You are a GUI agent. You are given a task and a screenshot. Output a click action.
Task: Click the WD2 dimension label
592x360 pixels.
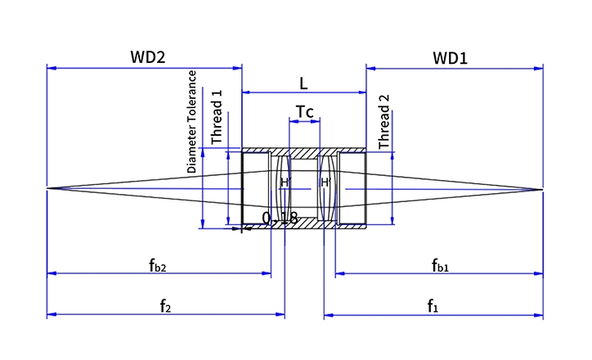[148, 57]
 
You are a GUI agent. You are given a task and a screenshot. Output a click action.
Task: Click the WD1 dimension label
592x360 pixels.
[450, 58]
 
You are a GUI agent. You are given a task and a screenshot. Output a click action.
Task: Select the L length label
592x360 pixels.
[303, 83]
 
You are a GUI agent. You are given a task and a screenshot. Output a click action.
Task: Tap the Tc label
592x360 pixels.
[304, 112]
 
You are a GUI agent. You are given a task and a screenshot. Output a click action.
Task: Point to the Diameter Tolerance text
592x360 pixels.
[192, 122]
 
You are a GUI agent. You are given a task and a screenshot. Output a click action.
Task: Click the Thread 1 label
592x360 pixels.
[217, 117]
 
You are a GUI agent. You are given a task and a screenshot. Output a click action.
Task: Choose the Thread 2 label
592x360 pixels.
[383, 122]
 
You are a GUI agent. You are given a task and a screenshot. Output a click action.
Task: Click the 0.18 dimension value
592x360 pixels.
[280, 218]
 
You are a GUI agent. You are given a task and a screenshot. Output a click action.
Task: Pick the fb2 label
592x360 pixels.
[158, 265]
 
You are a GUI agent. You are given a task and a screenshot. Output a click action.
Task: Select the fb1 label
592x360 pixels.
[440, 265]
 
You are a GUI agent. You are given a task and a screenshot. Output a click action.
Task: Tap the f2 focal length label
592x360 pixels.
[165, 306]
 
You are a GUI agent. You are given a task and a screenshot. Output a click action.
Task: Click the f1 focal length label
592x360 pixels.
[433, 306]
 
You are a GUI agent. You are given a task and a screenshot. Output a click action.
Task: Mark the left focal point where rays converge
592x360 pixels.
[47, 188]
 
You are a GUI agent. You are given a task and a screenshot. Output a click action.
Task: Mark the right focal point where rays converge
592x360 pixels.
[543, 189]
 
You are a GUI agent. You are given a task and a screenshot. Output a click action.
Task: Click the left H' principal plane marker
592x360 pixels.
[285, 182]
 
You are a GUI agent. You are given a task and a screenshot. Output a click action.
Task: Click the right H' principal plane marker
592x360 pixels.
[325, 182]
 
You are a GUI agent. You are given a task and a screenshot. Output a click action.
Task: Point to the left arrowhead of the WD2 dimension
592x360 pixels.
[52, 68]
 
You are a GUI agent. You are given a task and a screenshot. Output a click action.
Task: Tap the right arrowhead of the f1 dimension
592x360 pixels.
[538, 315]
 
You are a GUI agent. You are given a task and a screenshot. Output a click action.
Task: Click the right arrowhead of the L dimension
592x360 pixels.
[361, 92]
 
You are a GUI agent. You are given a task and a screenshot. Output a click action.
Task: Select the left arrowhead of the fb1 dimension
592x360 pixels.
[340, 273]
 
